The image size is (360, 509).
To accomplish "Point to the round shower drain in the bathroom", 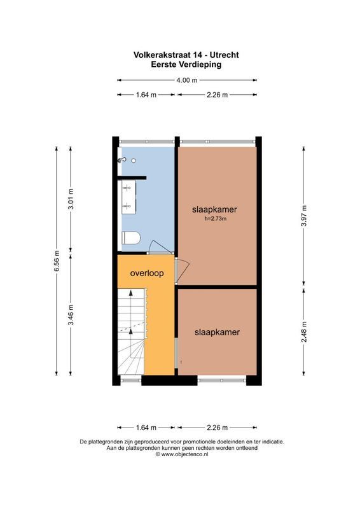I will pos(134,160).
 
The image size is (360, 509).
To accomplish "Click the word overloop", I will pos(147,274).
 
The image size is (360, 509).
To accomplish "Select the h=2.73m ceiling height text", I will pos(216,220).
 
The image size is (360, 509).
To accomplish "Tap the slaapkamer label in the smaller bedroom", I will pos(217,331).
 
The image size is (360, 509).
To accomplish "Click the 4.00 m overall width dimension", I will pos(187,80).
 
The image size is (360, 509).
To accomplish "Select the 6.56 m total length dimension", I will pos(57,261).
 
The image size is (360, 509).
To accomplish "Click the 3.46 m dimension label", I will pos(71,316).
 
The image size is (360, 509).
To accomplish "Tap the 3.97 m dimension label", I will pos(304,216).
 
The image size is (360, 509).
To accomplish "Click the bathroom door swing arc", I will pos(153,246).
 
